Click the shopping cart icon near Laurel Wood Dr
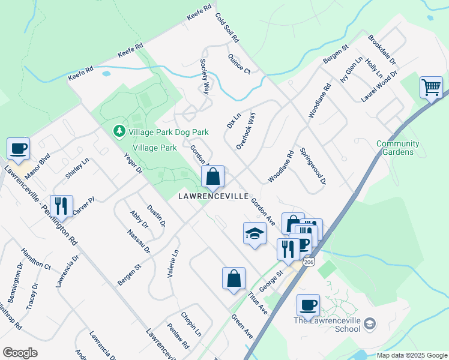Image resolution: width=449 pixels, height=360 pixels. pos(431,88)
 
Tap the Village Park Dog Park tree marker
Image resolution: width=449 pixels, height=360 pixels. pos(119,131)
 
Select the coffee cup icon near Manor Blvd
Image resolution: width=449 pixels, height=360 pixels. pos(18,148)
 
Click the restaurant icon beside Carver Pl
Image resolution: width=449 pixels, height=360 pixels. pos(61,206)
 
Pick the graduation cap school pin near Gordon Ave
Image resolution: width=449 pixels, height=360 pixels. pos(255,233)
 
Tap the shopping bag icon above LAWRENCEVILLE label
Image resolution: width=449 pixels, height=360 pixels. pos(212,176)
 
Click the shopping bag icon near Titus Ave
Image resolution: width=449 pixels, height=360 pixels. pos(234,278)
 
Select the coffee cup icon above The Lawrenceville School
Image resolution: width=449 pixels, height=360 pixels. pos(308,305)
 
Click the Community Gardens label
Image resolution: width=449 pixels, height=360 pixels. pos(398,148)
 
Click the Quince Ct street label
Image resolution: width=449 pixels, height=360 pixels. pos(239,64)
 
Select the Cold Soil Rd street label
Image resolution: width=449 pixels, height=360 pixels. pos(227,28)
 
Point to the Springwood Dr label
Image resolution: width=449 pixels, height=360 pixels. pos(313,166)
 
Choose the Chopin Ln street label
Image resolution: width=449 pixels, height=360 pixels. pos(191,324)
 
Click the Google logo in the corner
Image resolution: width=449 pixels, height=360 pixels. pos(20,353)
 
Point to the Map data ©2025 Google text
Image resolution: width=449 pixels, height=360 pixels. pos(411,355)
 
